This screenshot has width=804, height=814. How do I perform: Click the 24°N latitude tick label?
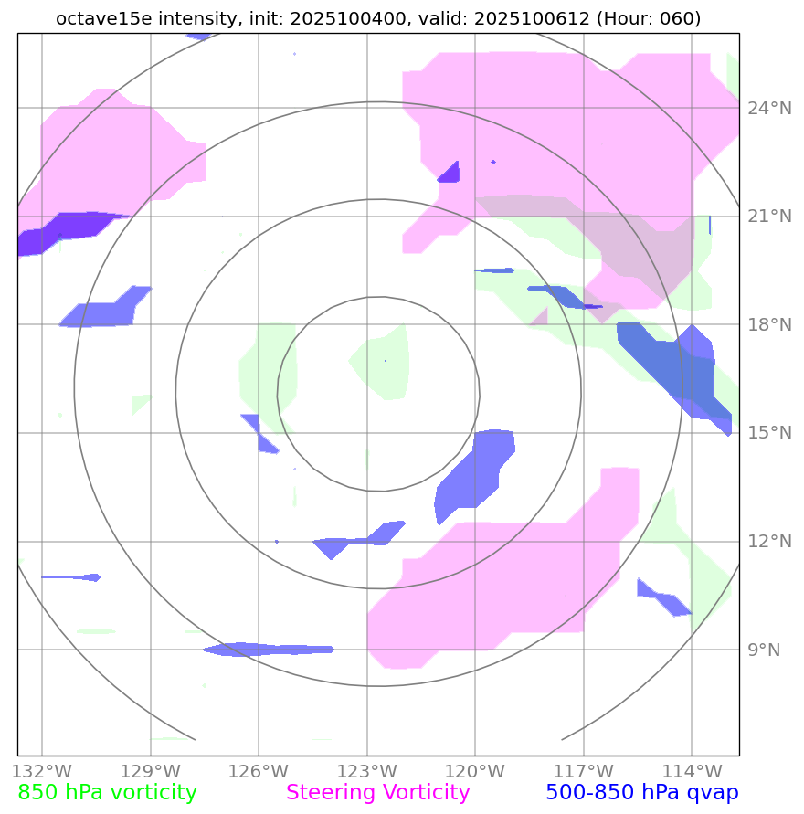(x=768, y=109)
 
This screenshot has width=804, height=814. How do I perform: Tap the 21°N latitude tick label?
(x=768, y=217)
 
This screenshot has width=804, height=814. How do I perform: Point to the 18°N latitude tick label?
(x=768, y=325)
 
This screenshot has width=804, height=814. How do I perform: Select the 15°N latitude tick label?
(x=768, y=433)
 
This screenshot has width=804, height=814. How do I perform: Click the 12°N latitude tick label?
(x=768, y=542)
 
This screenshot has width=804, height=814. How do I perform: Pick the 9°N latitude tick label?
(x=765, y=650)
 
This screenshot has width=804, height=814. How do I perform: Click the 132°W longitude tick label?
(x=42, y=771)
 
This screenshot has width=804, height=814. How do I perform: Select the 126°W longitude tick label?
(x=259, y=771)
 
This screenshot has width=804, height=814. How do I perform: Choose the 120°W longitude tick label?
(x=475, y=771)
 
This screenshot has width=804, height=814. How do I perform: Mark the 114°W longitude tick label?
(x=692, y=771)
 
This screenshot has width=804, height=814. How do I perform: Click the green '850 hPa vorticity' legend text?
(x=107, y=793)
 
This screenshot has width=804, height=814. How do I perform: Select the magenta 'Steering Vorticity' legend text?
(x=378, y=793)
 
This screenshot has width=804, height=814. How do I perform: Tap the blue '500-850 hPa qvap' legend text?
(x=641, y=793)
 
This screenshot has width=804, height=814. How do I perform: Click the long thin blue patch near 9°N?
(x=270, y=650)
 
